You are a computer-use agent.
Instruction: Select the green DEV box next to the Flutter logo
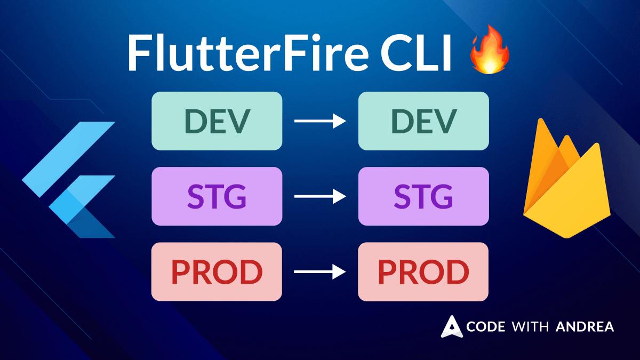[x=217, y=121]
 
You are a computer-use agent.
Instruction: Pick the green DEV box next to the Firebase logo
[x=423, y=121]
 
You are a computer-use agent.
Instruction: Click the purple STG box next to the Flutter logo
[x=217, y=196]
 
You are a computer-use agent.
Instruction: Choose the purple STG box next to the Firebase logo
[x=423, y=196]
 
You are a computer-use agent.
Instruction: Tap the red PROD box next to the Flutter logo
[x=217, y=271]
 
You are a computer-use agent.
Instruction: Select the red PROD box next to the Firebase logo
[x=423, y=271]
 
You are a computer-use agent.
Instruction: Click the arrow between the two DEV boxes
[x=320, y=121]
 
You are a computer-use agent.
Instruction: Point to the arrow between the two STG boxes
[x=320, y=197]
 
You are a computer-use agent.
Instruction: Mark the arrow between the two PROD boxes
[x=320, y=272]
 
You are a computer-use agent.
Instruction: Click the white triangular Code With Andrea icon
[x=451, y=326]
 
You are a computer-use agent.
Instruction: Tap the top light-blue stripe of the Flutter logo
[x=69, y=152]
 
